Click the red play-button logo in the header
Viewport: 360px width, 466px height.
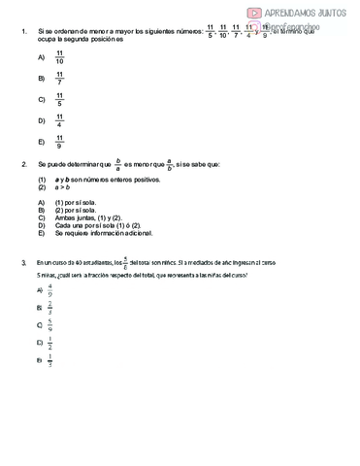coord(254,13)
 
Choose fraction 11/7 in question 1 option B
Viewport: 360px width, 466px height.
coord(60,78)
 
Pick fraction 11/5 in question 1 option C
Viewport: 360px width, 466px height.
coord(60,99)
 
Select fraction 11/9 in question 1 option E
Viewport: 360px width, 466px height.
coord(60,142)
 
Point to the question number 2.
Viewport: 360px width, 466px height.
coord(22,165)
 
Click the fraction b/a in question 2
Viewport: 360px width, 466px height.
coord(118,165)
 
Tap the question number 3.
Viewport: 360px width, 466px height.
coord(22,262)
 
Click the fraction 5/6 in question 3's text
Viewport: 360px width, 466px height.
coord(125,261)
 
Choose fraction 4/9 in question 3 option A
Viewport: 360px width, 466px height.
coord(49,289)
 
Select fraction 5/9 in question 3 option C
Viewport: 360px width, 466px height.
coord(49,325)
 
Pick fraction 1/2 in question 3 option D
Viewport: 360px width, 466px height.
coord(49,343)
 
